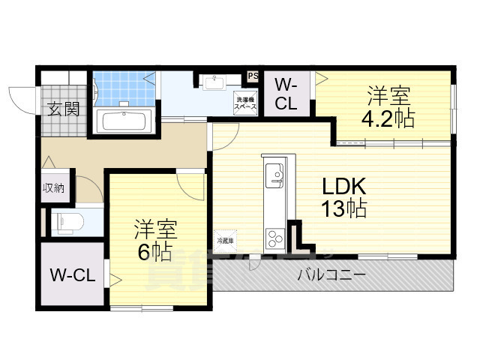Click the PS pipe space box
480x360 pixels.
tap(253, 76)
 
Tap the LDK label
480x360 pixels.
tap(344, 185)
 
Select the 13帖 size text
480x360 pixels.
tap(344, 209)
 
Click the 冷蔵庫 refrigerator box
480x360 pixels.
tap(225, 240)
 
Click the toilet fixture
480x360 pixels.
tap(67, 221)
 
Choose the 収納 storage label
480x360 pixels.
tap(53, 188)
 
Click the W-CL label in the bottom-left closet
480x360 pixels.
tap(72, 275)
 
